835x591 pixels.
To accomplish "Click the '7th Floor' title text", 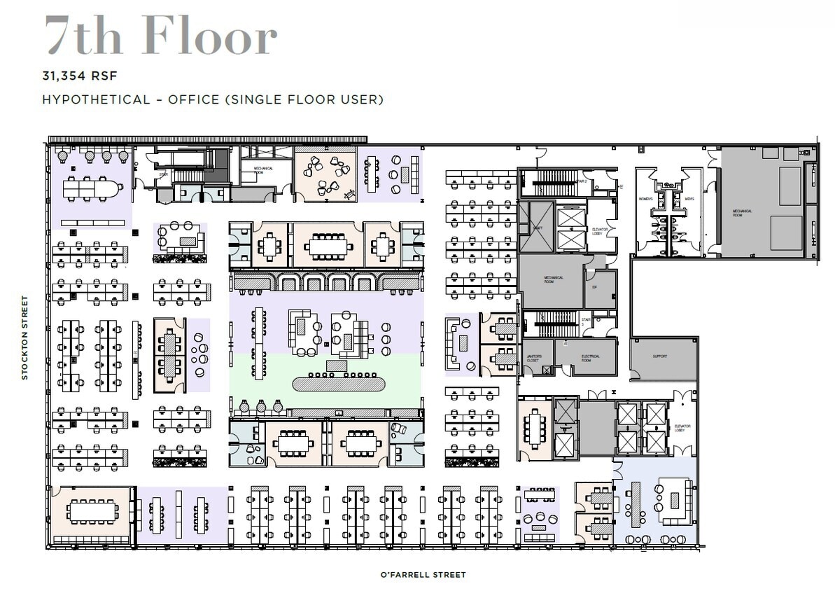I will tap(161, 36).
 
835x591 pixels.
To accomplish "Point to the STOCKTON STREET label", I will tap(25, 338).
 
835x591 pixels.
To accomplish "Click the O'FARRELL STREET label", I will tap(423, 575).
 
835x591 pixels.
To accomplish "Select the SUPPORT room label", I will tap(659, 357).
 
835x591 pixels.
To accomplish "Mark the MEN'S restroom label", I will tap(689, 200).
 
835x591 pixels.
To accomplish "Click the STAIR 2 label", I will tap(582, 181).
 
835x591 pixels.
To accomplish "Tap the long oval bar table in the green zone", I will tap(338, 384).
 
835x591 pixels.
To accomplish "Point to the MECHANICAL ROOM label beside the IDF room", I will tap(553, 279).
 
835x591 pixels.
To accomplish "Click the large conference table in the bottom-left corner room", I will tap(92, 512).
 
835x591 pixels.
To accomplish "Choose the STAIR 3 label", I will tap(586, 322).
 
